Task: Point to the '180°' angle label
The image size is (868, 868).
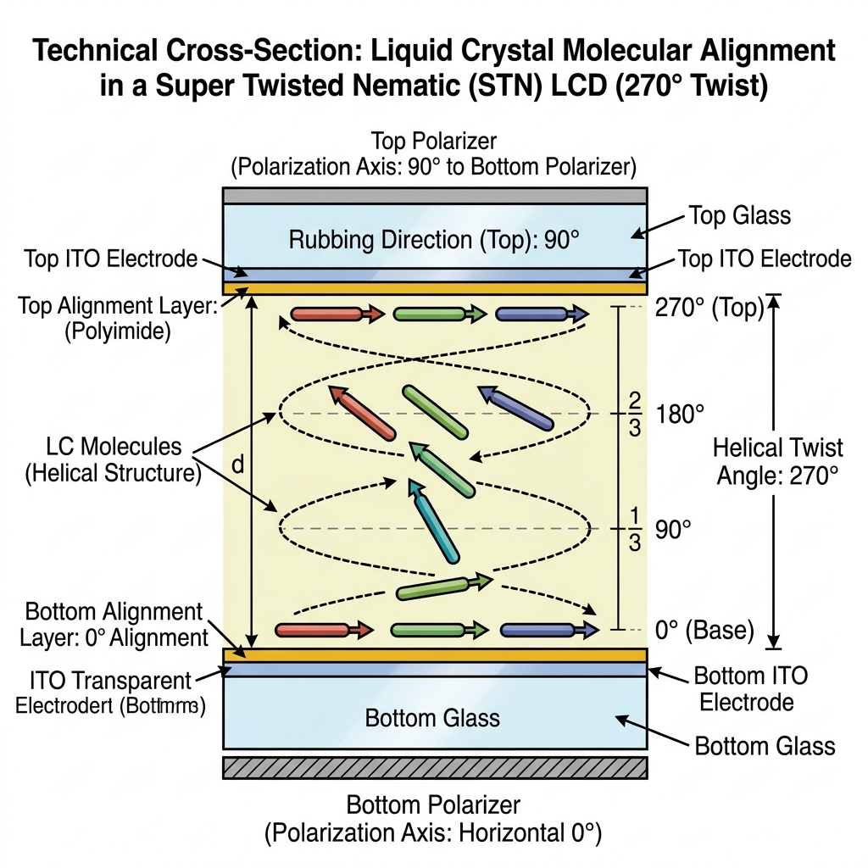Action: (x=680, y=415)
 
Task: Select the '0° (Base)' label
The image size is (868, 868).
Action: (x=704, y=630)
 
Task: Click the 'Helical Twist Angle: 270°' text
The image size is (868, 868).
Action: (x=776, y=461)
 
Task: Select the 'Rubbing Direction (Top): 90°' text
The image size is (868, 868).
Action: (x=433, y=240)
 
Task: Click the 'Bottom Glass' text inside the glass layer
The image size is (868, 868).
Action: (x=432, y=718)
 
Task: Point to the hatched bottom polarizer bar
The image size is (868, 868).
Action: (x=435, y=767)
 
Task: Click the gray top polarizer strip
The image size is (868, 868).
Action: (x=435, y=195)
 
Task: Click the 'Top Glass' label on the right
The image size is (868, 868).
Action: (x=739, y=215)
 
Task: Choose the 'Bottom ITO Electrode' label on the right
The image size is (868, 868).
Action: (x=749, y=688)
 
